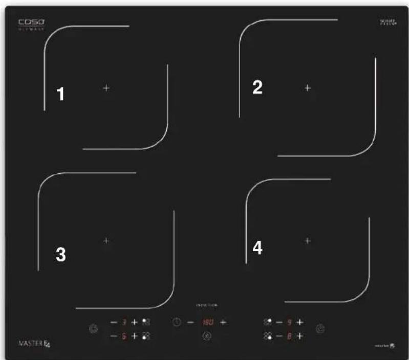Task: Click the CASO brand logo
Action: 32,22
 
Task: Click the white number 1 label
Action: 60,94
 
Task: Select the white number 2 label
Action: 257,88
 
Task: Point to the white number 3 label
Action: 60,255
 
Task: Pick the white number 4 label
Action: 257,248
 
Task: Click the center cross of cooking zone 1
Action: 106,88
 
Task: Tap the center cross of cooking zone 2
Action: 308,88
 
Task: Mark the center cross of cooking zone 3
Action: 106,240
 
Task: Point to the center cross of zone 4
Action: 308,240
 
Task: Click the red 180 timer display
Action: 207,323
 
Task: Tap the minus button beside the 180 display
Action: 190,323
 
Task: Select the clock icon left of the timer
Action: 176,323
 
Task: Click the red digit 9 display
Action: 289,323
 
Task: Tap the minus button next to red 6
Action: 114,336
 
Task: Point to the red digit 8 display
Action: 289,336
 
